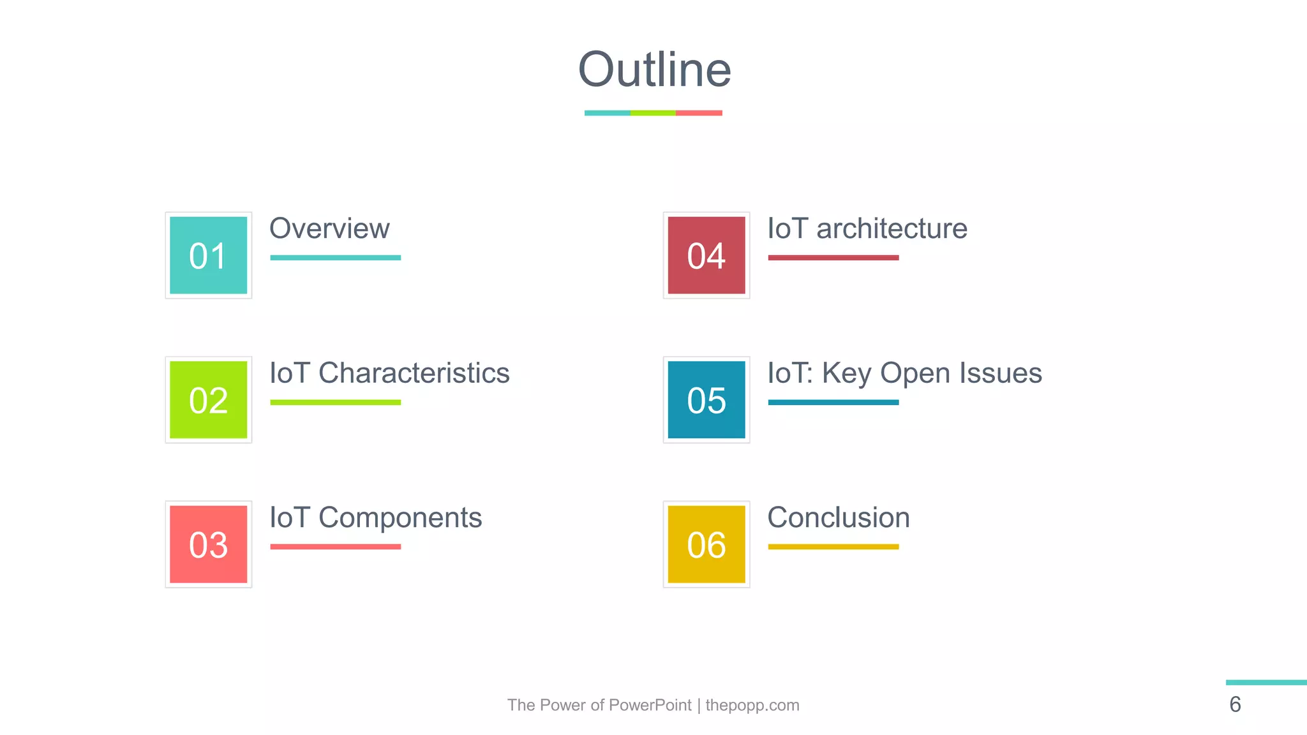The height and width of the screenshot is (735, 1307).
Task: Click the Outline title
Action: [654, 70]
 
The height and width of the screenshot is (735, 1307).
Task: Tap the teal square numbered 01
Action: [209, 255]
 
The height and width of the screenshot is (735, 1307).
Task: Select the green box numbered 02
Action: [209, 400]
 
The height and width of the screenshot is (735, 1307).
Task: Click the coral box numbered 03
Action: [209, 544]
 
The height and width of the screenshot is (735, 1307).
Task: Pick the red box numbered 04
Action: [706, 255]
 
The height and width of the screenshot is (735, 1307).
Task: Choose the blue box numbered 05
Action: [706, 400]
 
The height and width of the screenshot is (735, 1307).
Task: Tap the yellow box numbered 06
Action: [706, 544]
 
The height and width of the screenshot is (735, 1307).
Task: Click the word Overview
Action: [329, 228]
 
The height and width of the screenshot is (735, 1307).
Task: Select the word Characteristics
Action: [414, 373]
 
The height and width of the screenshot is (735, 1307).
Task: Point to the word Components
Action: [400, 517]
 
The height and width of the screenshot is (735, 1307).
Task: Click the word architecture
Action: [892, 228]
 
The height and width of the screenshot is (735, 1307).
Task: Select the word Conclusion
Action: [839, 517]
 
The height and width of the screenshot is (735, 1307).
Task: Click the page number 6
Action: [1235, 704]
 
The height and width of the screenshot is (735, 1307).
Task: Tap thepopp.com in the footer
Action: [752, 705]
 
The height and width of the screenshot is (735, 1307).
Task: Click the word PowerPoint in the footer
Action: [650, 705]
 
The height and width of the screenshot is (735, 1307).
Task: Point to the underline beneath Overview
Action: [335, 258]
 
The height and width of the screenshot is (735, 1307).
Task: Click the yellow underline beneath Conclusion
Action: [833, 547]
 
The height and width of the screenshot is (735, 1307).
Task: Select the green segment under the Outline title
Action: [653, 113]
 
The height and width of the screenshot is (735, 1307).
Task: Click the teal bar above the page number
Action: [1266, 683]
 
